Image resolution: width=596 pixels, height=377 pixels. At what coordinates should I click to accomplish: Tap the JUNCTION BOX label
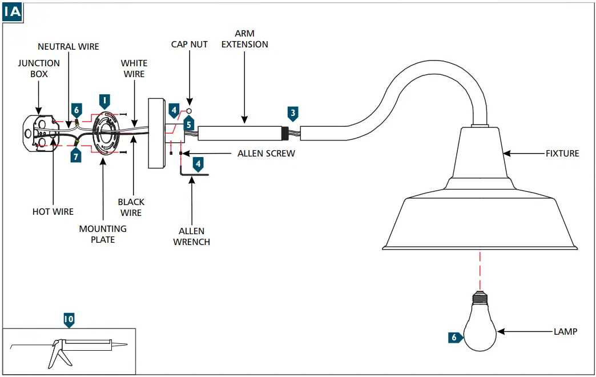38,69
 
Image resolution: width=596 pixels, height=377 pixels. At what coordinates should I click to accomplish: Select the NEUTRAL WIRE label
69,46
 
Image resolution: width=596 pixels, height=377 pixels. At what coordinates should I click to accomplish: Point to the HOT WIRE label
53,212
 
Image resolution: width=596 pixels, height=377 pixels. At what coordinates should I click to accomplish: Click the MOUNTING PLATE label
103,234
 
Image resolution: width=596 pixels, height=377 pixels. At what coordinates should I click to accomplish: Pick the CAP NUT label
190,44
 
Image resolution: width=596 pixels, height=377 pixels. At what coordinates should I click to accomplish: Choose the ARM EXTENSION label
244,39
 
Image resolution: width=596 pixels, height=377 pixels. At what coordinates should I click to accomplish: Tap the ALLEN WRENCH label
192,236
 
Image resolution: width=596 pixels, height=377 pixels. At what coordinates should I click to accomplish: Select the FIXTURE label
562,153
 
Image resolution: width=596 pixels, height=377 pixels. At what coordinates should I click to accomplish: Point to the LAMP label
565,331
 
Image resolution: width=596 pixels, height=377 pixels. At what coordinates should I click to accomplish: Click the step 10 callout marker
69,320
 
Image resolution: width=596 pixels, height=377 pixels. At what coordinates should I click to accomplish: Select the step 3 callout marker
293,113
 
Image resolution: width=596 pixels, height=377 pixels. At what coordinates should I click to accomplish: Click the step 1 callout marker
104,101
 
